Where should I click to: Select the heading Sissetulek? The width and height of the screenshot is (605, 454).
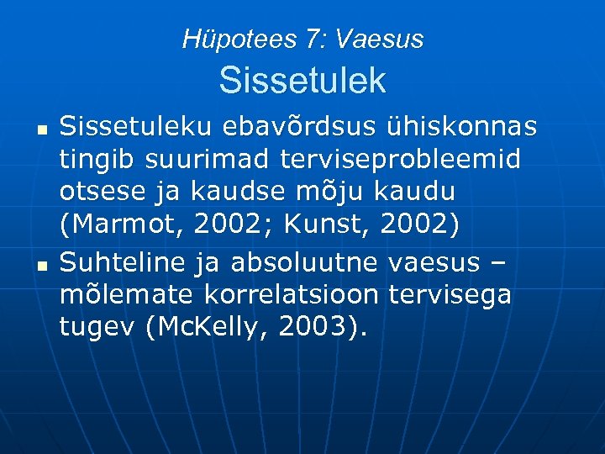pos(302,81)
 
